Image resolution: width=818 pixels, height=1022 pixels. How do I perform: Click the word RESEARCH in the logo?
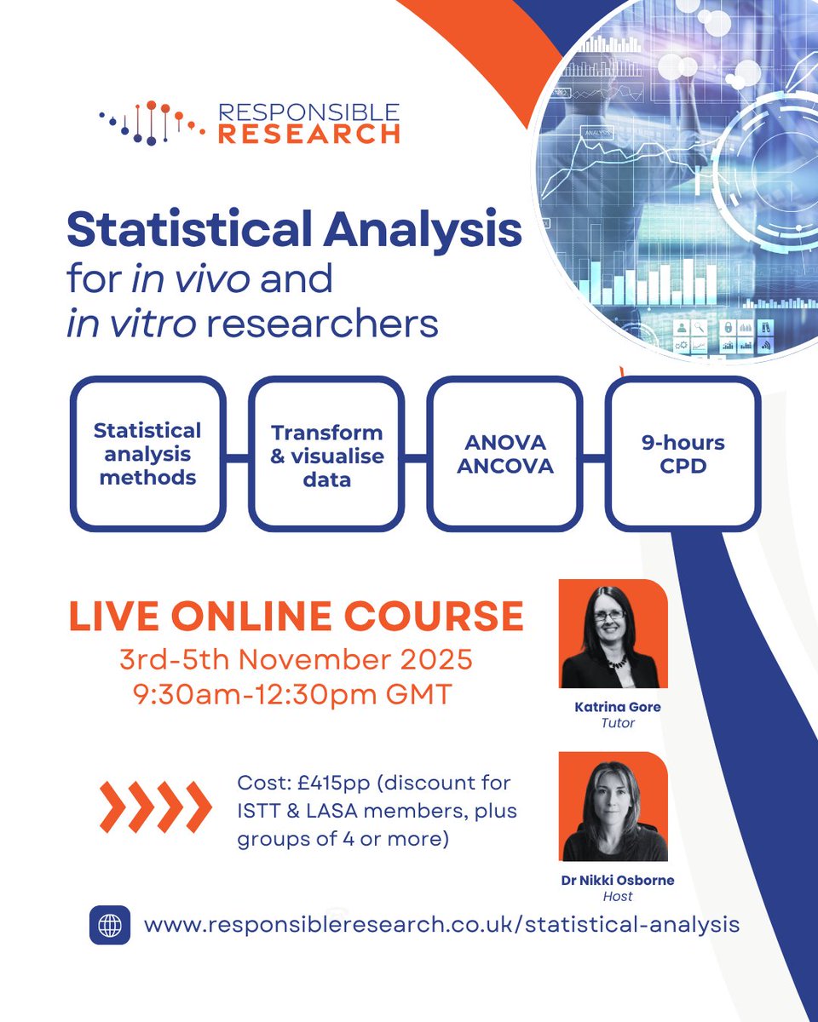click(x=309, y=134)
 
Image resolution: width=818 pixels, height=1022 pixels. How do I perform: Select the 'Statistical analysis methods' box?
click(x=147, y=454)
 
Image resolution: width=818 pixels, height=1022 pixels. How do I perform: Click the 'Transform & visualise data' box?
click(x=326, y=456)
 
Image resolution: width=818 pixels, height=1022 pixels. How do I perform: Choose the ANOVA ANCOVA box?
click(x=504, y=455)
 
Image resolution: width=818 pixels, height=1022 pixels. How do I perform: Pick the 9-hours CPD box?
click(x=683, y=455)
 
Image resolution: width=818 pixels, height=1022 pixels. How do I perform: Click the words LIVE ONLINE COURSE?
click(x=296, y=617)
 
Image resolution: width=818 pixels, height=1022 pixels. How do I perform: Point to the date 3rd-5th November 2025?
click(x=296, y=661)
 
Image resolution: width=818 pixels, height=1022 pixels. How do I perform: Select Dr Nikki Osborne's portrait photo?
click(x=613, y=807)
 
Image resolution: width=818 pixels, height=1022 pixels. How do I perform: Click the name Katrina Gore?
click(x=617, y=708)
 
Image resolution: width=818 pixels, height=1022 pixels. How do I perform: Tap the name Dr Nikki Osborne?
click(x=617, y=881)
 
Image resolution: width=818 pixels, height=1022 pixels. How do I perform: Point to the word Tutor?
click(x=617, y=724)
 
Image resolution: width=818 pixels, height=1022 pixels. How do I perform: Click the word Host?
click(x=617, y=897)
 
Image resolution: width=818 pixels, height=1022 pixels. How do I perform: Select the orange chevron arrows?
click(x=155, y=806)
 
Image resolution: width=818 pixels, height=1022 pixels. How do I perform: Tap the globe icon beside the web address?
click(x=110, y=925)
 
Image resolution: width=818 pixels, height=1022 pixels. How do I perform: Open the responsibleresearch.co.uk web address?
click(x=441, y=925)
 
